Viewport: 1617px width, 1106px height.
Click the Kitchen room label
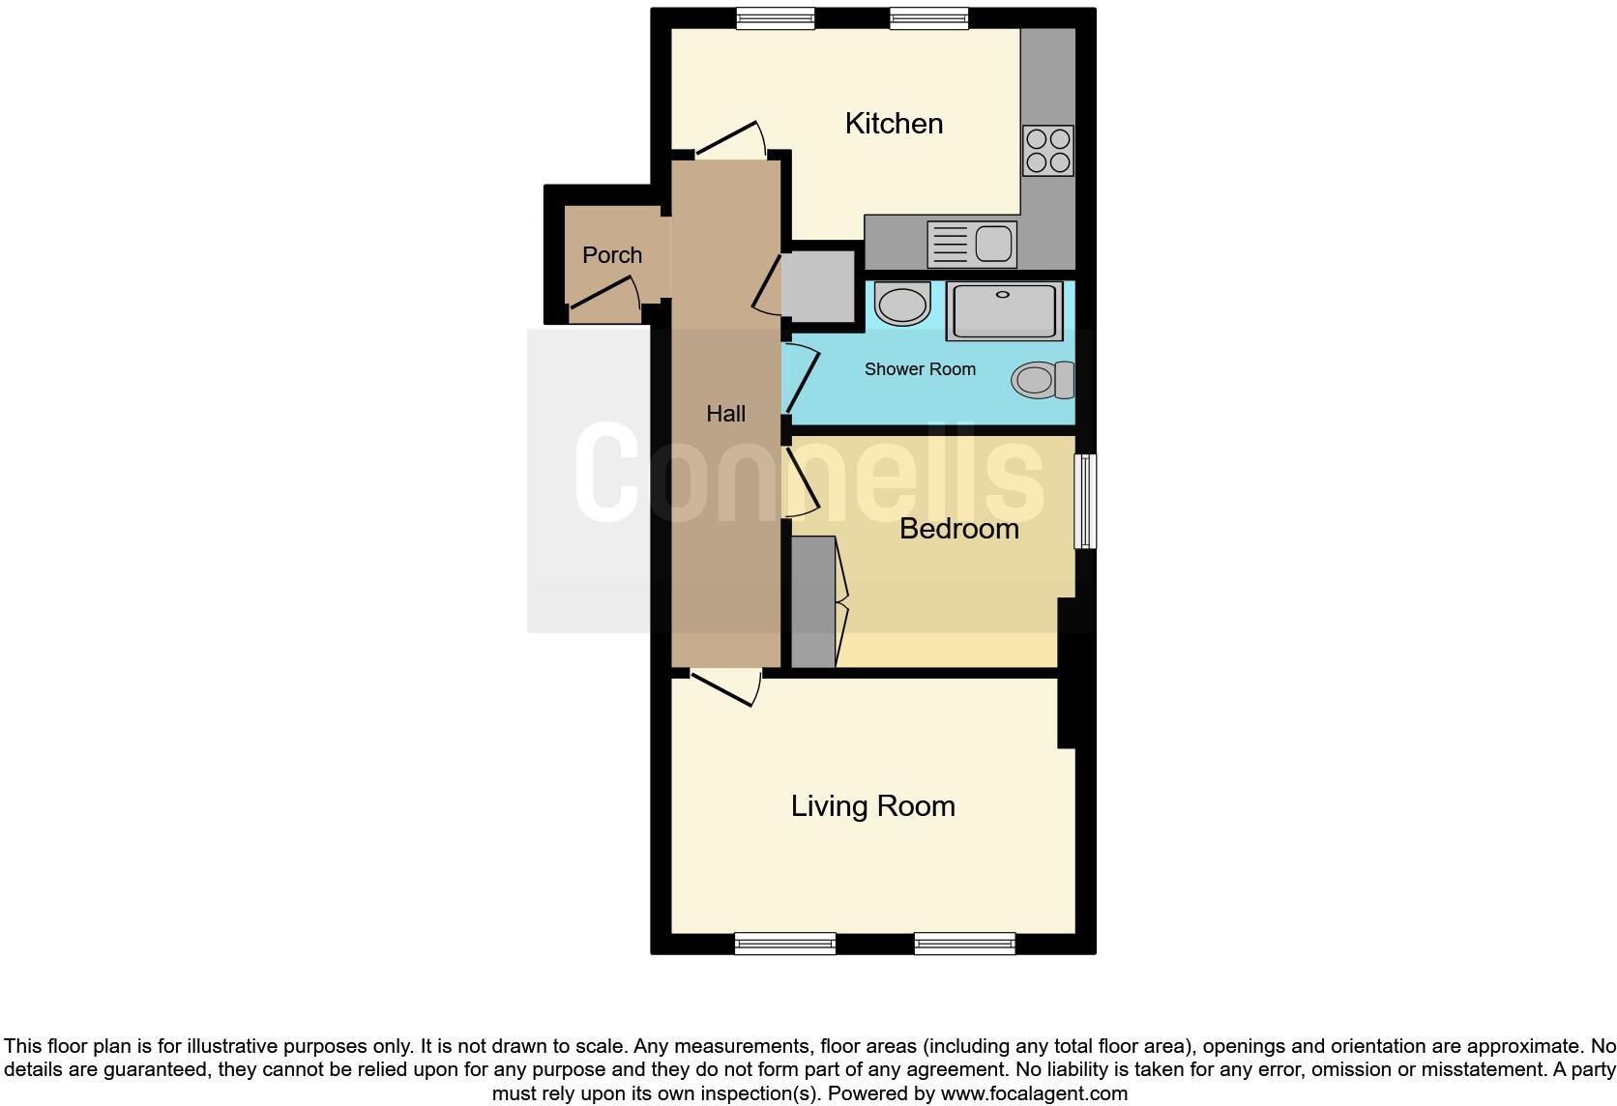[894, 124]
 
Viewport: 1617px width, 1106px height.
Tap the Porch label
[612, 255]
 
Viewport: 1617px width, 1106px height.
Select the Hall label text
[725, 414]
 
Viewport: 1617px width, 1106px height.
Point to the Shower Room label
[920, 369]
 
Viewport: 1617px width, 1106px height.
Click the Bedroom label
[958, 529]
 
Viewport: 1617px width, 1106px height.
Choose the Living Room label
[872, 806]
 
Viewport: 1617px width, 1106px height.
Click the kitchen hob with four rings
[1048, 151]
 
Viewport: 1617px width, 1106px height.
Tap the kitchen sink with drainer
[971, 244]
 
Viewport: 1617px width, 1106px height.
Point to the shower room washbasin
[902, 304]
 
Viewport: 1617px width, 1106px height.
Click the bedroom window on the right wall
[1086, 501]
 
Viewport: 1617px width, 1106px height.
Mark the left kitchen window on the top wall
[775, 17]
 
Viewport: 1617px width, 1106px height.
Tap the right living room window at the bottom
[964, 943]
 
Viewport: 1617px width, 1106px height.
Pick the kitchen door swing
[730, 139]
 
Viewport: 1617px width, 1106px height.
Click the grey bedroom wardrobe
[812, 601]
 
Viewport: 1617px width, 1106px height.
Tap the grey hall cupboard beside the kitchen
[818, 286]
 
